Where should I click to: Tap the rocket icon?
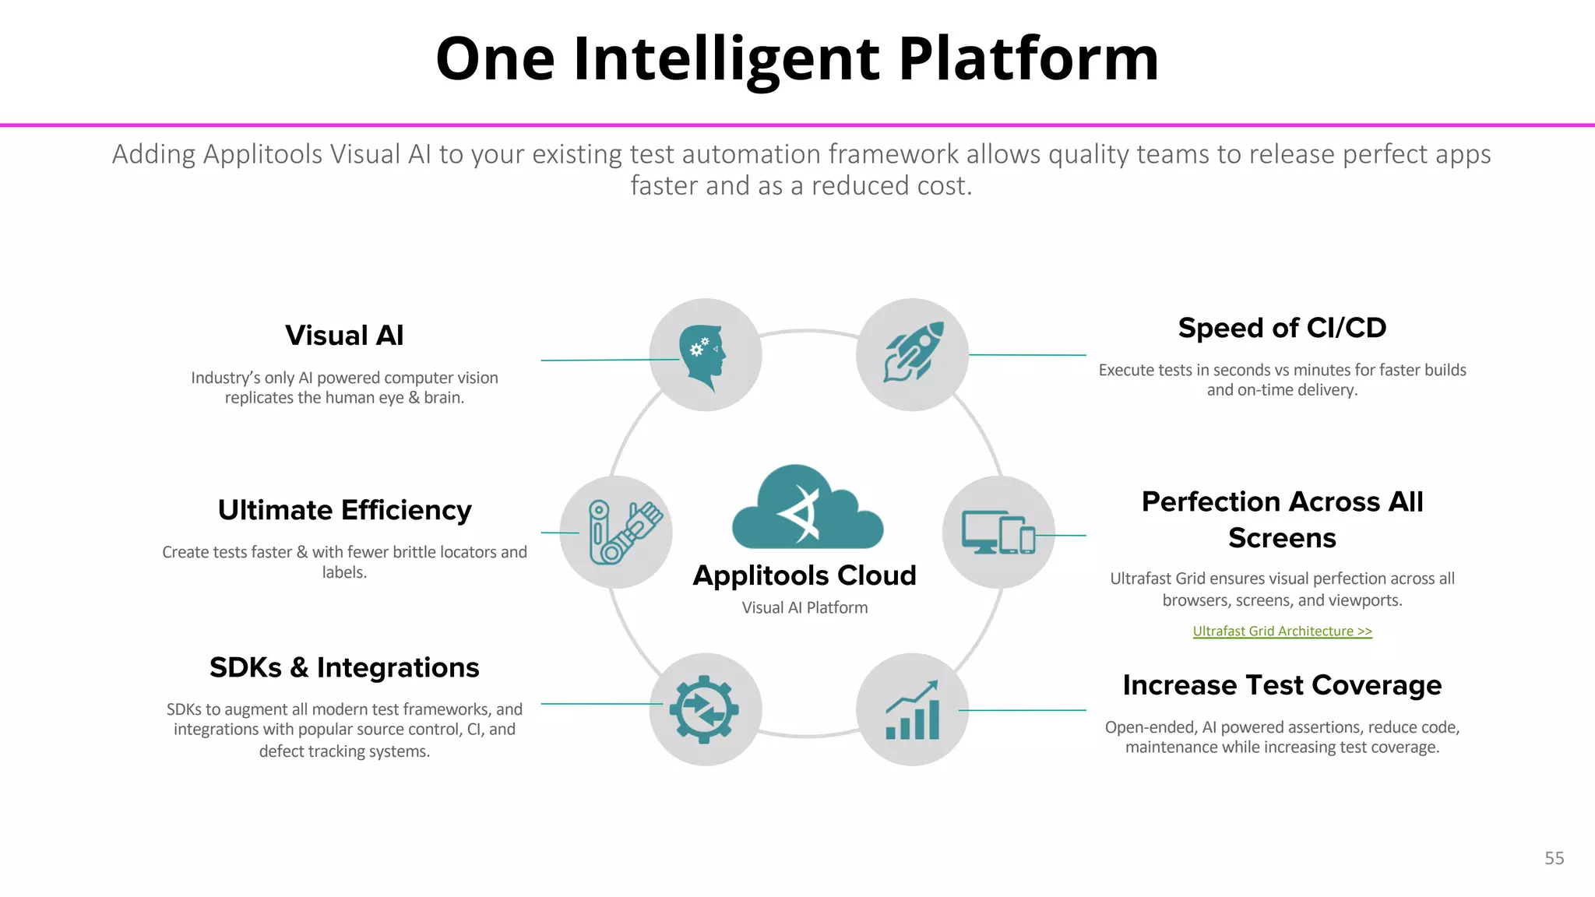[913, 353]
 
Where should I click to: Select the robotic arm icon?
[621, 532]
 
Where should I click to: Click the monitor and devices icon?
[998, 533]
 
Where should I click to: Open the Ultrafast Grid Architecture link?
[1282, 631]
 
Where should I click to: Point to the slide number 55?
[1554, 858]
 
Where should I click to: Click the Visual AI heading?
[344, 336]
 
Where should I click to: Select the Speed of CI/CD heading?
[1282, 328]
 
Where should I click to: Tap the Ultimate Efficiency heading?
[344, 510]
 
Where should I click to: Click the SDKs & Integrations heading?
[344, 668]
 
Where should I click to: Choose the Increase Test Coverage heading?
[1282, 685]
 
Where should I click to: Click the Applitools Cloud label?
[805, 575]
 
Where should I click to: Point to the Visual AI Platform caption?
[805, 608]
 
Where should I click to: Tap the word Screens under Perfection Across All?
[1282, 538]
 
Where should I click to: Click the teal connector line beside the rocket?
[1028, 355]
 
